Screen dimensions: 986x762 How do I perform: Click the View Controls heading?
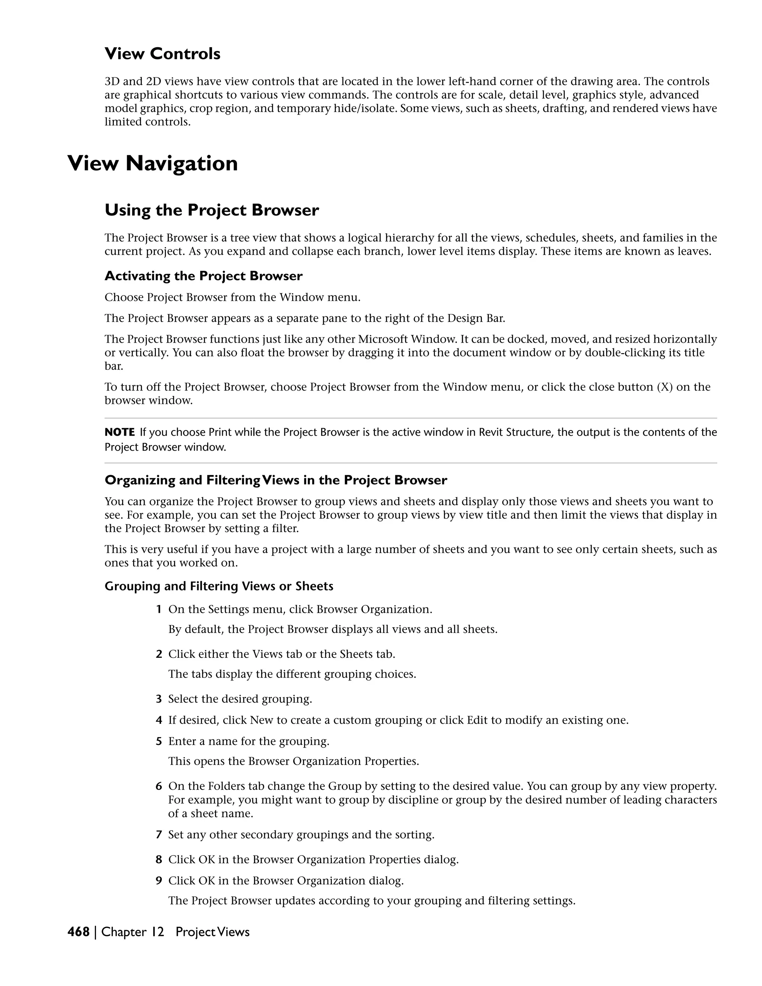pos(163,54)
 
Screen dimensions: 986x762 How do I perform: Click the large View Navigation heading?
pos(153,163)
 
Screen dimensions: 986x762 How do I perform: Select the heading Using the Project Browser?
pos(212,210)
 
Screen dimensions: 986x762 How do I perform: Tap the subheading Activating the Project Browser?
pos(204,276)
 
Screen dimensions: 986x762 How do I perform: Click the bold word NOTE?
pos(120,432)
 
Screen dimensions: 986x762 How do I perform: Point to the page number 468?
pos(79,932)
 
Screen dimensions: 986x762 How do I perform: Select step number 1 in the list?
pos(159,609)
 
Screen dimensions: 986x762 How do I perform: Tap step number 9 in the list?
pos(159,880)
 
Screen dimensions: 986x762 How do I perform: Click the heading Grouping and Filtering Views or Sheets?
pos(219,586)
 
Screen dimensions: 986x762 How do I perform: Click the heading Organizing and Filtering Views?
pos(276,480)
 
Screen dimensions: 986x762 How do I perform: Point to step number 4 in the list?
pos(159,720)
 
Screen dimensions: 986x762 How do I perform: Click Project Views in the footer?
pos(212,932)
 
